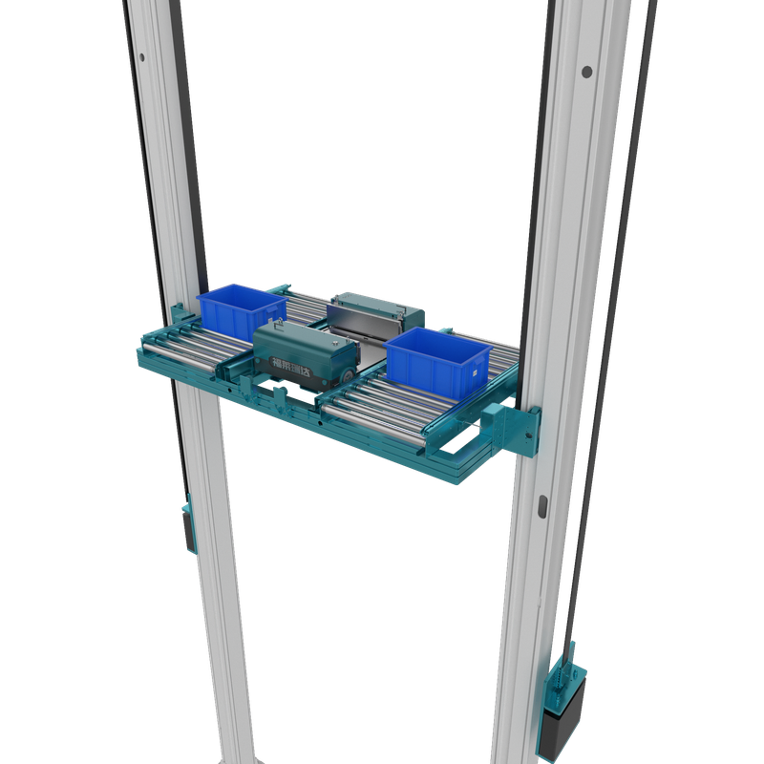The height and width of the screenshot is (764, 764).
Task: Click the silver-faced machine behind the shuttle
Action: tap(374, 319)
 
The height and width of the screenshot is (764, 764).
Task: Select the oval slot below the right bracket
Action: tap(542, 503)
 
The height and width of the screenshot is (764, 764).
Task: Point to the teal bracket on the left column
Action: tap(179, 311)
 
